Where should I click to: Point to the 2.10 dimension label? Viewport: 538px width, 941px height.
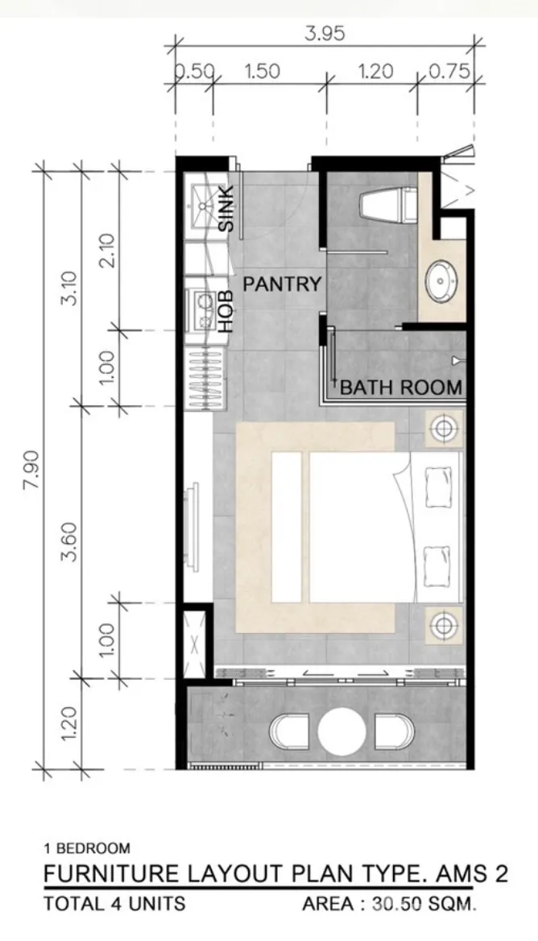pos(108,251)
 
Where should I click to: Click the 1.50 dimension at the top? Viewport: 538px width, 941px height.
pos(262,72)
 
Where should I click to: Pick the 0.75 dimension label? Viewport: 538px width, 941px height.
pos(449,72)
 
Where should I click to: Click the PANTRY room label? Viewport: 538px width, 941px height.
pos(282,284)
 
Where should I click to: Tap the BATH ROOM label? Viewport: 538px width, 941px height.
pos(401,387)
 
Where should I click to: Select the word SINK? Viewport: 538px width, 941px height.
pos(226,208)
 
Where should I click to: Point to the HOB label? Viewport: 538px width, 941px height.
pos(226,312)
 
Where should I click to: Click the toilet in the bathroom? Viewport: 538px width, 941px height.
pos(388,205)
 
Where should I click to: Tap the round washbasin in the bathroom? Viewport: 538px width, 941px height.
pos(443,280)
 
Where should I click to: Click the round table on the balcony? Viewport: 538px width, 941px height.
pos(341,732)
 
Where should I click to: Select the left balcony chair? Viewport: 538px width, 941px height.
pos(289,732)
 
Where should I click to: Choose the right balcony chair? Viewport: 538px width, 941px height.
pos(395,732)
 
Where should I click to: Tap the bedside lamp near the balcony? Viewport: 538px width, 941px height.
pos(444,625)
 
